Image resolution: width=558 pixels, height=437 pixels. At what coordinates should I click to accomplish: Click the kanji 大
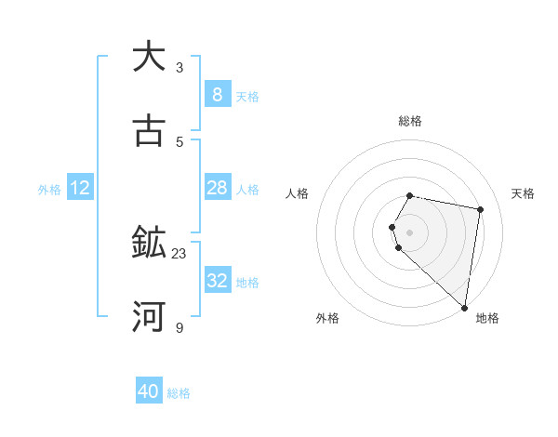[x=149, y=57]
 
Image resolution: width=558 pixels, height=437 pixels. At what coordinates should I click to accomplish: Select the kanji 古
[x=149, y=131]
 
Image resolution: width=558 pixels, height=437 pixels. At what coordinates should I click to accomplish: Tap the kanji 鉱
[x=149, y=244]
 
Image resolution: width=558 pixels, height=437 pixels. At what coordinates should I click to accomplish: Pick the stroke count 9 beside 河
[x=179, y=328]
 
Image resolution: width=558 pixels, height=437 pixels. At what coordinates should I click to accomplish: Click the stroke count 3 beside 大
[x=179, y=67]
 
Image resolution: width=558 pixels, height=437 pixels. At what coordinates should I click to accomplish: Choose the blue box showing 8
[x=217, y=94]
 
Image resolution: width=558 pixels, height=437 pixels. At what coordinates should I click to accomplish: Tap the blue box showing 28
[x=217, y=188]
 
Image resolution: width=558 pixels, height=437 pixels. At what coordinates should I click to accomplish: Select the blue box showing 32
[x=217, y=281]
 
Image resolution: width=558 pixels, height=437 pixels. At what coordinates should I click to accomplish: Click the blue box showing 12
[x=80, y=188]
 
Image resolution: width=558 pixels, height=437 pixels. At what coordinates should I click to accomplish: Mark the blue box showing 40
[x=149, y=391]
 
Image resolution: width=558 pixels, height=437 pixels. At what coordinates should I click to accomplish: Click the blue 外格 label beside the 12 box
[x=49, y=190]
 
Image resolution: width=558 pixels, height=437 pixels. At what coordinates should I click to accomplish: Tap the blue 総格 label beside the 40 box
[x=179, y=393]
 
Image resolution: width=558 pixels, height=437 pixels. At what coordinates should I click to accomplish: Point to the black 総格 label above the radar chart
[x=410, y=121]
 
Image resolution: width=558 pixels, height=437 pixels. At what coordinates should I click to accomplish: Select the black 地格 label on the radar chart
[x=487, y=318]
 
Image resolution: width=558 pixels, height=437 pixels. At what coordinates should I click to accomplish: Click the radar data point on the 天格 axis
[x=480, y=210]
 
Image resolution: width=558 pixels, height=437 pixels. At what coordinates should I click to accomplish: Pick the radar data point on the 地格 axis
[x=464, y=308]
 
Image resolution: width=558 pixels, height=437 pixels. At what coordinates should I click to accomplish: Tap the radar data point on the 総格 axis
[x=410, y=195]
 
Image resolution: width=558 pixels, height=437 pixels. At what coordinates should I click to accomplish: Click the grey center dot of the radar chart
[x=410, y=232]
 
